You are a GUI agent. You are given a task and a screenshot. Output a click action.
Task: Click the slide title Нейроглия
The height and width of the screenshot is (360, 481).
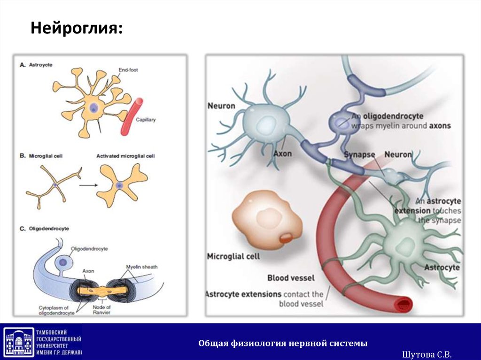[77, 29]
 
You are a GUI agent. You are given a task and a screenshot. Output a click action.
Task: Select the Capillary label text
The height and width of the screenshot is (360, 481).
[145, 120]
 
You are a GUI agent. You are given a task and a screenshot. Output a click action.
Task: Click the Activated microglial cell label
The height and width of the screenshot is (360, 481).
[125, 156]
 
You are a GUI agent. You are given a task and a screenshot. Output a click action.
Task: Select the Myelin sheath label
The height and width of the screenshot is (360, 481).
[142, 267]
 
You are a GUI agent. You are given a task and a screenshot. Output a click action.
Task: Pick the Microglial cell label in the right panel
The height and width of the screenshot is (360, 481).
[233, 257]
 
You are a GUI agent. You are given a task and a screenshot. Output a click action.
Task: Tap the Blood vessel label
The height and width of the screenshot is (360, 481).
[291, 278]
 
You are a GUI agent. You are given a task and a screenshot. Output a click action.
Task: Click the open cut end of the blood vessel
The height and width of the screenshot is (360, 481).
[403, 306]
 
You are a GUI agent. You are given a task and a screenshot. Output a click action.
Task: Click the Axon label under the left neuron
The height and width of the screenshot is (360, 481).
[282, 153]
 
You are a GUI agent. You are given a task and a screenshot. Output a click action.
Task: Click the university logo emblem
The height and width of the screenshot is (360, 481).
[19, 342]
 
